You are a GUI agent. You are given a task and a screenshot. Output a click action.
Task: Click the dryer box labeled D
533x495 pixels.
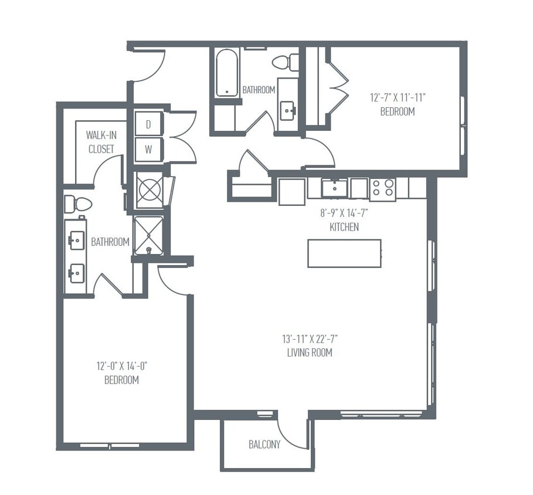pos(148,124)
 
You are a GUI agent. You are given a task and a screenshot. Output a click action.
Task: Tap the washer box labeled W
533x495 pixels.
pos(148,150)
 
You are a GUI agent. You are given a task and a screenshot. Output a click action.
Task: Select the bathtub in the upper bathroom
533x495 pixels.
pos(227,73)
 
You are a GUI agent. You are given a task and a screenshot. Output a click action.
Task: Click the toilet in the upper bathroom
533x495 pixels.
pos(286,62)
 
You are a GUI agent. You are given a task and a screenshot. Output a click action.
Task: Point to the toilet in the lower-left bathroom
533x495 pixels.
pos(78,204)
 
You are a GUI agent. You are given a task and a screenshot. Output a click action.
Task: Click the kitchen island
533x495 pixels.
pos(344,253)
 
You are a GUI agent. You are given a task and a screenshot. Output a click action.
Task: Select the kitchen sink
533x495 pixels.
pos(335,188)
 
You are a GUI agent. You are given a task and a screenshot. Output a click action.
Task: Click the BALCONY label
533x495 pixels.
pos(264,445)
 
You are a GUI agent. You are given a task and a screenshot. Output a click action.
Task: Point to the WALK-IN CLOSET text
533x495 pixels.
pos(101,142)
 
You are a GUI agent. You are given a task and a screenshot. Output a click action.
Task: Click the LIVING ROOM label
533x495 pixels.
pos(310,352)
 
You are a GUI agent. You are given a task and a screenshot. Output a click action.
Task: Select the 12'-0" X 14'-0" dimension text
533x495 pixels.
pos(121,367)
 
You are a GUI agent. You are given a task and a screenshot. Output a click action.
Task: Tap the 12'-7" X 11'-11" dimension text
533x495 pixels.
pos(397,98)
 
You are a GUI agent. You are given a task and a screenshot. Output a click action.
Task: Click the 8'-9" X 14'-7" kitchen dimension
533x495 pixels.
pos(344,214)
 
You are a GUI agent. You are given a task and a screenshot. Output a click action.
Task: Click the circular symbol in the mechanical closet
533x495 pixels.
pos(148,191)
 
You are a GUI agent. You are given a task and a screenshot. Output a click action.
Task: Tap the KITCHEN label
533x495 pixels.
pos(344,227)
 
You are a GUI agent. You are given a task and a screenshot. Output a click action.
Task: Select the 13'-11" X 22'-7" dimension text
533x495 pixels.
pos(310,339)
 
